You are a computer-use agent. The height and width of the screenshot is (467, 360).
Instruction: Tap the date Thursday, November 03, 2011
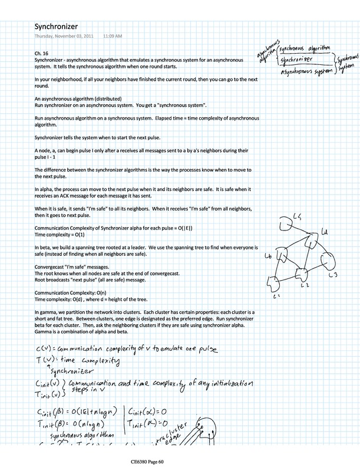click(x=64, y=36)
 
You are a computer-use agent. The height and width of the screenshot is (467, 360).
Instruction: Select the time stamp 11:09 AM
click(x=112, y=36)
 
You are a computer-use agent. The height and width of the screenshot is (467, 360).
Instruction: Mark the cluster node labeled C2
click(x=301, y=275)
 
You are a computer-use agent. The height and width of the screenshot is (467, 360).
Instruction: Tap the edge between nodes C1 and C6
click(x=274, y=271)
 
